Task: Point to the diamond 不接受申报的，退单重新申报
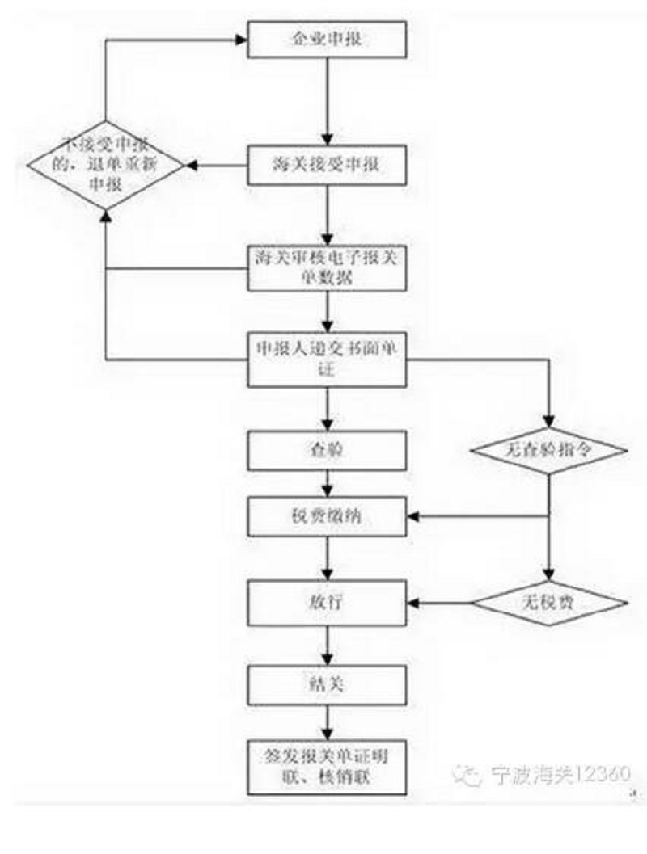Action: (x=106, y=166)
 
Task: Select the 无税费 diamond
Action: (x=550, y=603)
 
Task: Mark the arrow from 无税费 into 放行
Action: (x=441, y=603)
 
